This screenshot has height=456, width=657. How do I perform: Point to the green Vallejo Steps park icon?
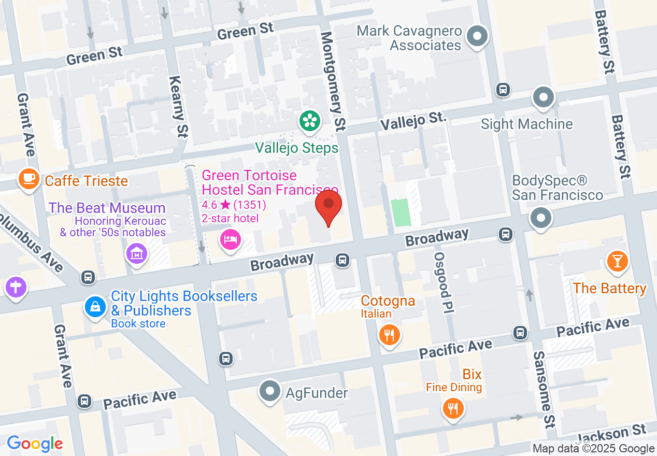(x=309, y=122)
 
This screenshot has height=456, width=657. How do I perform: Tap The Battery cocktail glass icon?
(x=617, y=260)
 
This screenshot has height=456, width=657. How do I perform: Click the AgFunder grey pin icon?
(x=270, y=392)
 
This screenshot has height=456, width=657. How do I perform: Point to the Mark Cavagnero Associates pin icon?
(x=478, y=37)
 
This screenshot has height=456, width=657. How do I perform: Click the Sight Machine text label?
(x=526, y=124)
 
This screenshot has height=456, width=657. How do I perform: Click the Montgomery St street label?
(x=333, y=80)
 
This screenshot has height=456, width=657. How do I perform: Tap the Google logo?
(x=35, y=444)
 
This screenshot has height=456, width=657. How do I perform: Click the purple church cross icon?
(x=16, y=287)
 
